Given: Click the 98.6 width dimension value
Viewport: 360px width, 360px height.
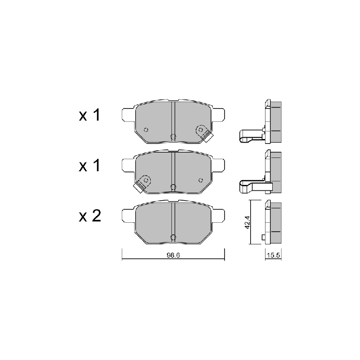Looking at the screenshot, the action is (173, 255).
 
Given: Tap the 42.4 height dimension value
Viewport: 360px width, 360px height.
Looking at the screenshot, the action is (247, 222).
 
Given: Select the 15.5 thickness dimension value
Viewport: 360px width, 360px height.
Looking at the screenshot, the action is (274, 255).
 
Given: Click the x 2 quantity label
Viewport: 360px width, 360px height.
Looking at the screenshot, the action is (90, 216).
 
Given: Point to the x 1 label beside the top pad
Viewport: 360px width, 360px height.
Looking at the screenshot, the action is (89, 115).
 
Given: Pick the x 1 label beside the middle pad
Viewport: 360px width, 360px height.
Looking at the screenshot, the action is (89, 165).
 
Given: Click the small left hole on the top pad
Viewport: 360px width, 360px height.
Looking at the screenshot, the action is (146, 130).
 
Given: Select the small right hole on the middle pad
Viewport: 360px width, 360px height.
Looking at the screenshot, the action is (201, 180).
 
